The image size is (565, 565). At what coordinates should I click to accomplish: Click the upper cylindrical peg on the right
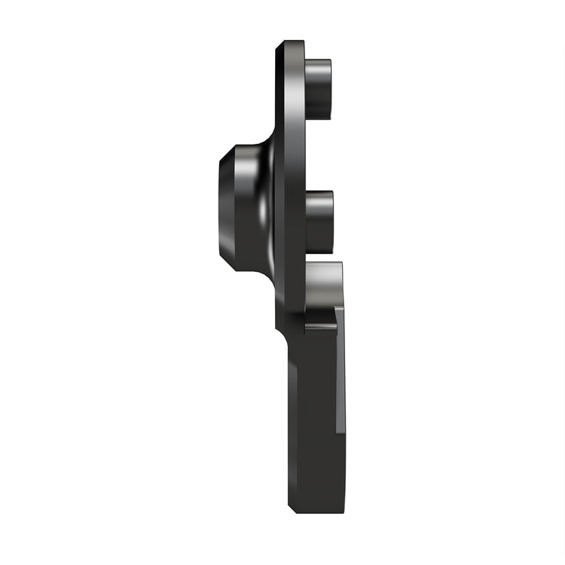317,88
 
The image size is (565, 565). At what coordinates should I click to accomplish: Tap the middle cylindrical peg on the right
319,221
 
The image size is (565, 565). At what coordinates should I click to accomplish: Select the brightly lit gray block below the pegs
323,286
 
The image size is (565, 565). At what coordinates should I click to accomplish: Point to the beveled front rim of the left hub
224,208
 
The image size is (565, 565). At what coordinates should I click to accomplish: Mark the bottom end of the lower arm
316,510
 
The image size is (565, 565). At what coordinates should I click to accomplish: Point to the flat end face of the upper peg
330,88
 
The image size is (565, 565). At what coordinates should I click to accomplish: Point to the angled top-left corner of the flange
279,47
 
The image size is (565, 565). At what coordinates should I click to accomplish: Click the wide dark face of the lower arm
313,422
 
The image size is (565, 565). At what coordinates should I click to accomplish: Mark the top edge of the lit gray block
324,264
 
